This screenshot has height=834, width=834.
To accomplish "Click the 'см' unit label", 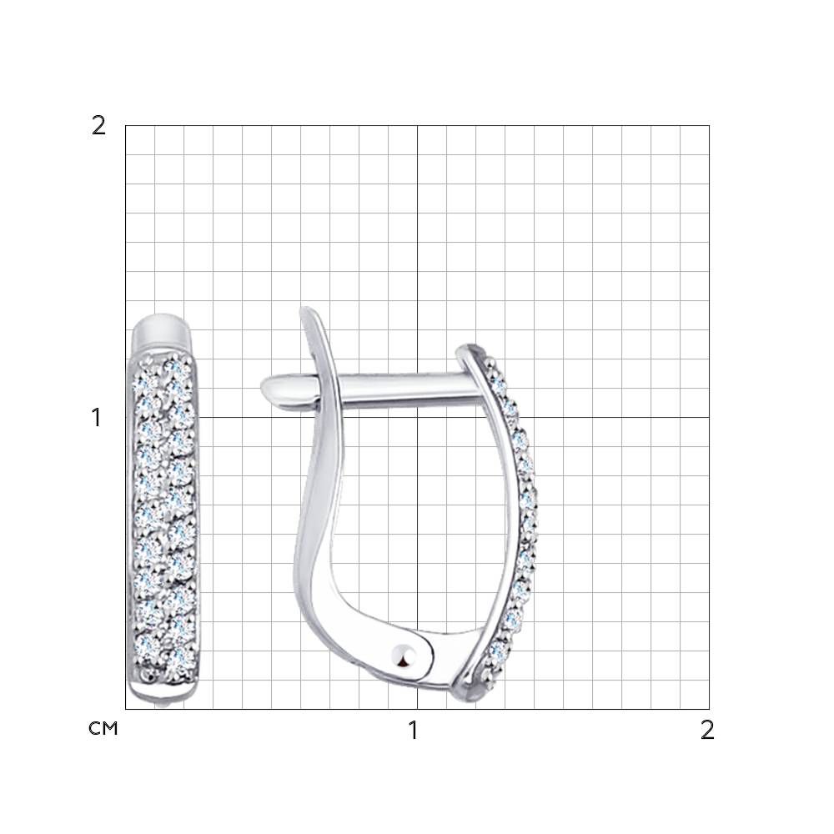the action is click(103, 728).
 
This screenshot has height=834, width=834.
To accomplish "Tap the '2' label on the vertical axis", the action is click(98, 126).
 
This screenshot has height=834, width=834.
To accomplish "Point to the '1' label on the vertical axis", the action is click(96, 418).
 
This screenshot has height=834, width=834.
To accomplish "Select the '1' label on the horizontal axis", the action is click(414, 731).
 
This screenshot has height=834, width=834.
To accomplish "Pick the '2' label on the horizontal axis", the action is click(707, 731).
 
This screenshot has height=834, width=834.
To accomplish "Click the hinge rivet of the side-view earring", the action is click(404, 656).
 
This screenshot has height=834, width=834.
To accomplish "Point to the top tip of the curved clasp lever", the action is click(304, 309).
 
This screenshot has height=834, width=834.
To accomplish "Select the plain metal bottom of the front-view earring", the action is click(163, 692).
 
